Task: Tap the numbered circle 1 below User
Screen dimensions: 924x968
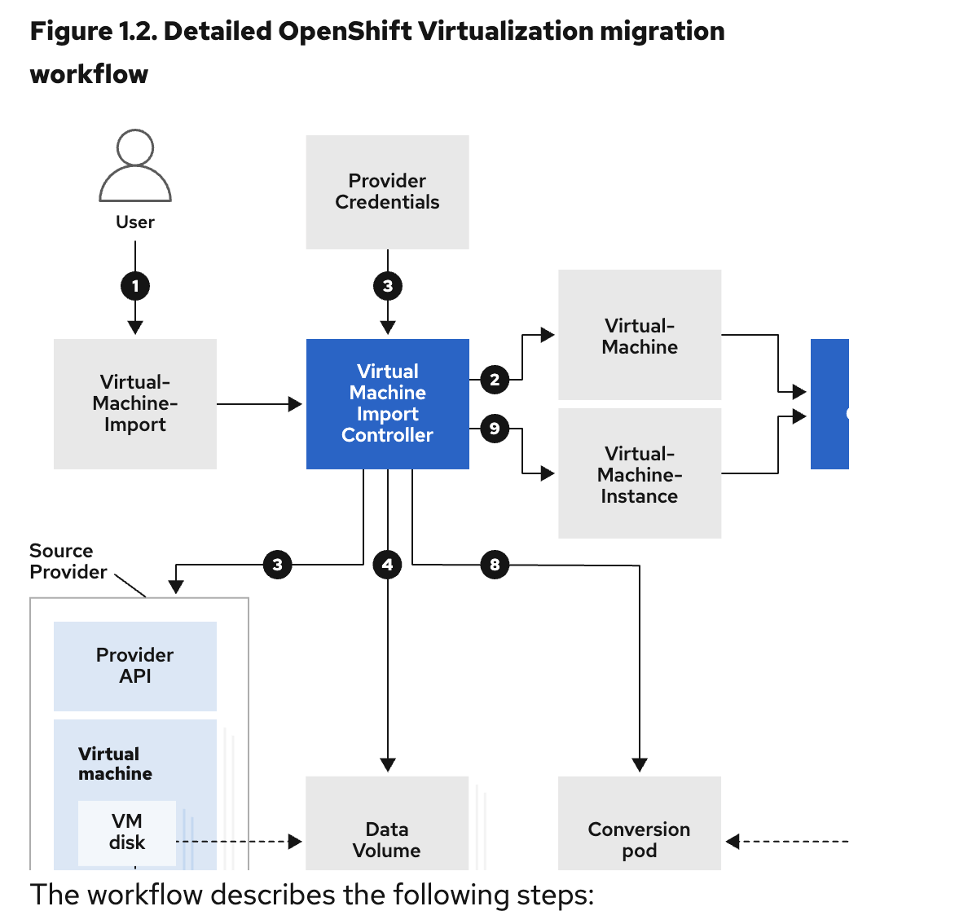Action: tap(135, 286)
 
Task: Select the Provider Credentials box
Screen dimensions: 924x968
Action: tap(387, 192)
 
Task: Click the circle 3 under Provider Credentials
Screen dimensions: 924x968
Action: tap(388, 286)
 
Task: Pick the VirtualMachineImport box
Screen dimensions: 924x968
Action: tap(135, 403)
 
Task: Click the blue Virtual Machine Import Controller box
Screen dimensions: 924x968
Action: tap(387, 403)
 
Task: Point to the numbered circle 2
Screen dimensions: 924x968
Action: tap(495, 380)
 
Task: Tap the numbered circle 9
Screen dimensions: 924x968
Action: tap(495, 429)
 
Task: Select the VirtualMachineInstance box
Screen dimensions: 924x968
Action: tap(640, 473)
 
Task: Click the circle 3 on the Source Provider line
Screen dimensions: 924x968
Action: tap(278, 565)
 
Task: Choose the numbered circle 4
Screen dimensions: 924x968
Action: tap(388, 565)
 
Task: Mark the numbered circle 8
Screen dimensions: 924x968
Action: tap(495, 565)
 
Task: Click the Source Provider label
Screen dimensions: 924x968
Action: tap(68, 561)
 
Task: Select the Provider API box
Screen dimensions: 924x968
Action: tap(135, 666)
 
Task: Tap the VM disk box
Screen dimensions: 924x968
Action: tap(127, 832)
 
